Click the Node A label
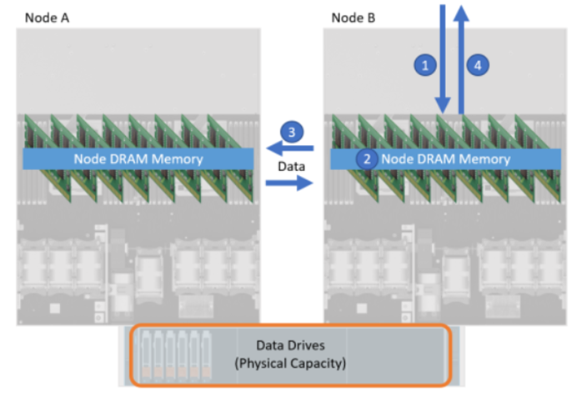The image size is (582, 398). [x=46, y=17]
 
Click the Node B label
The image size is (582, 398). [x=352, y=17]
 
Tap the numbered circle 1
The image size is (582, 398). [x=426, y=63]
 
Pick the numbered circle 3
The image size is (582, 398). [x=291, y=132]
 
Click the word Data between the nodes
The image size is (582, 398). [x=290, y=166]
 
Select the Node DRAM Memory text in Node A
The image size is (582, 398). [x=138, y=159]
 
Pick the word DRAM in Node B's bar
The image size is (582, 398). [x=434, y=159]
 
